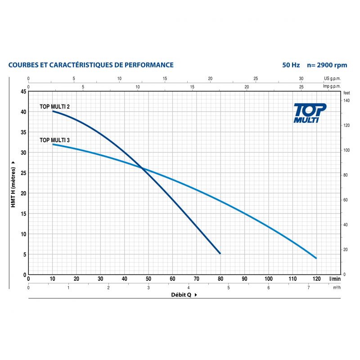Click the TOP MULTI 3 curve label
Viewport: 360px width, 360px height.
click(x=54, y=140)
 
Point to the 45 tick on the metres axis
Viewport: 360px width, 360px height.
click(x=22, y=92)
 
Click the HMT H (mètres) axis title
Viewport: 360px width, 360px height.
click(x=14, y=183)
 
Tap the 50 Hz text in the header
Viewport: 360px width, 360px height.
click(x=291, y=65)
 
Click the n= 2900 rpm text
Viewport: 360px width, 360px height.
click(x=327, y=65)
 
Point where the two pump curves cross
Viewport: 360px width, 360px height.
click(x=143, y=169)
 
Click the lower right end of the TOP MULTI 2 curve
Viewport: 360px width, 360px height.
click(x=220, y=254)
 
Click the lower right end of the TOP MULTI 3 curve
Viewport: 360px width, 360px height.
click(x=316, y=258)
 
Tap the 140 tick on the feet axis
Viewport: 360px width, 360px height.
click(x=346, y=100)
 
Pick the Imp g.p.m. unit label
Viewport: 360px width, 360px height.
click(x=332, y=86)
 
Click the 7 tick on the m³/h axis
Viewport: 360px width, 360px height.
click(x=308, y=288)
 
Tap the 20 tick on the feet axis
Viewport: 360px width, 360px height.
click(x=346, y=250)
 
